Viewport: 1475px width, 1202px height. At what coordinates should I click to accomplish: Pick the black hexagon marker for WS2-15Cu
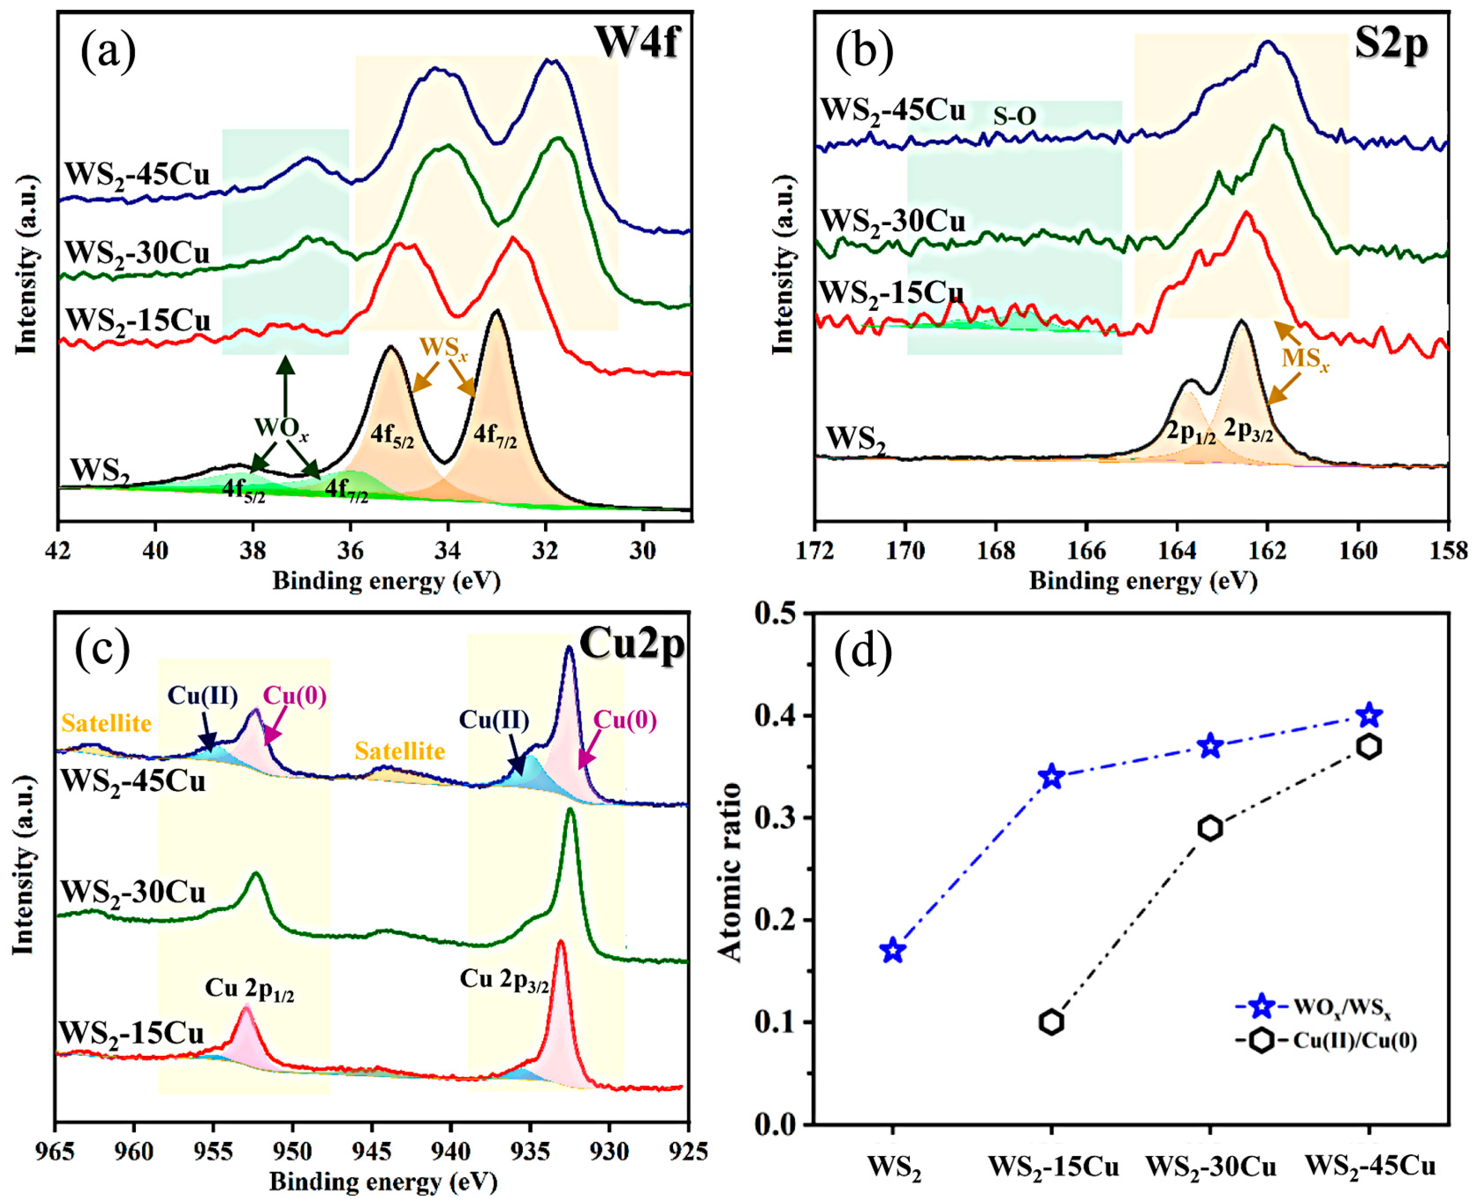point(1051,1022)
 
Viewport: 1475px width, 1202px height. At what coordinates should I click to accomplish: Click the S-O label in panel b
point(1014,117)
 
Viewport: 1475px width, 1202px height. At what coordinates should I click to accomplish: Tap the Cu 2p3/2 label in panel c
point(504,980)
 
